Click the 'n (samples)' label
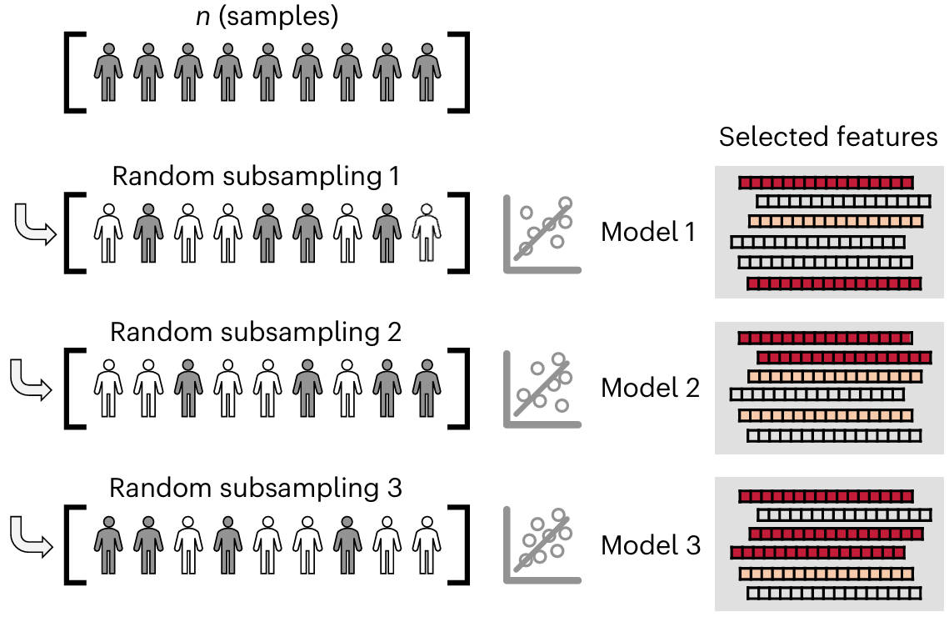(266, 18)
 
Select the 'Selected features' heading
(828, 138)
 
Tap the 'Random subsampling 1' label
(257, 177)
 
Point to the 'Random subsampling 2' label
(256, 332)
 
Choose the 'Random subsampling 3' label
(256, 488)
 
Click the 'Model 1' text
(648, 233)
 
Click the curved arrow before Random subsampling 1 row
(34, 226)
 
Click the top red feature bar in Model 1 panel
(826, 182)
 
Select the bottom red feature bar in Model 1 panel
(834, 284)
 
